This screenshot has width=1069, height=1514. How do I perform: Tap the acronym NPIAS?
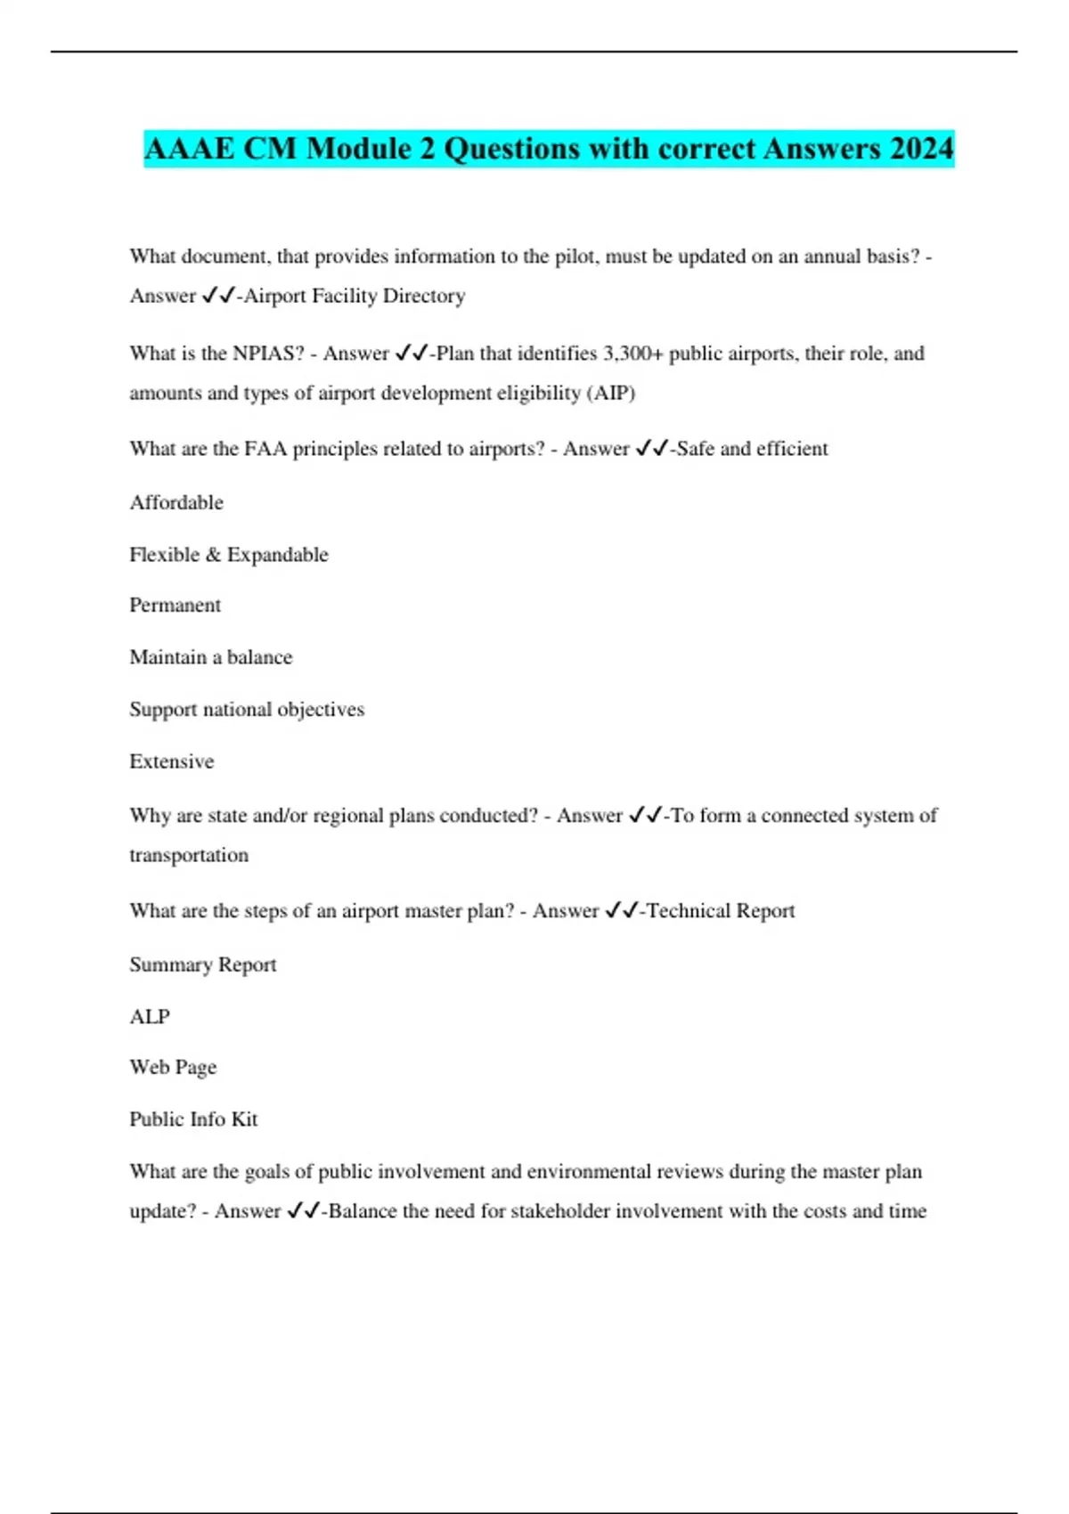(x=268, y=354)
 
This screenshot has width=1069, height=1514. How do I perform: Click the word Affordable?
(x=176, y=502)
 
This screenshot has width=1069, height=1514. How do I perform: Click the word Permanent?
(x=175, y=606)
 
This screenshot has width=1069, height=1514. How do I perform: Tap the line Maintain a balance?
(x=210, y=657)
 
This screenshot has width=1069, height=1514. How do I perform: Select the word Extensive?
(x=171, y=761)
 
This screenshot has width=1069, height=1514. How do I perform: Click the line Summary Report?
(x=202, y=965)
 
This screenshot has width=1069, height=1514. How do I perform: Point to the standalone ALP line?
(x=149, y=1017)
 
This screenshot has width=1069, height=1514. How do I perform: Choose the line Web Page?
(x=173, y=1067)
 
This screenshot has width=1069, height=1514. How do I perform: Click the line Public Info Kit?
(x=193, y=1119)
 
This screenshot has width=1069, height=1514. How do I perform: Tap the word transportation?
(x=189, y=855)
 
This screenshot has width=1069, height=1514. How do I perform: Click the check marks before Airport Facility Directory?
(x=217, y=296)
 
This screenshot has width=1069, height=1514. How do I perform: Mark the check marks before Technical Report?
(x=620, y=911)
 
